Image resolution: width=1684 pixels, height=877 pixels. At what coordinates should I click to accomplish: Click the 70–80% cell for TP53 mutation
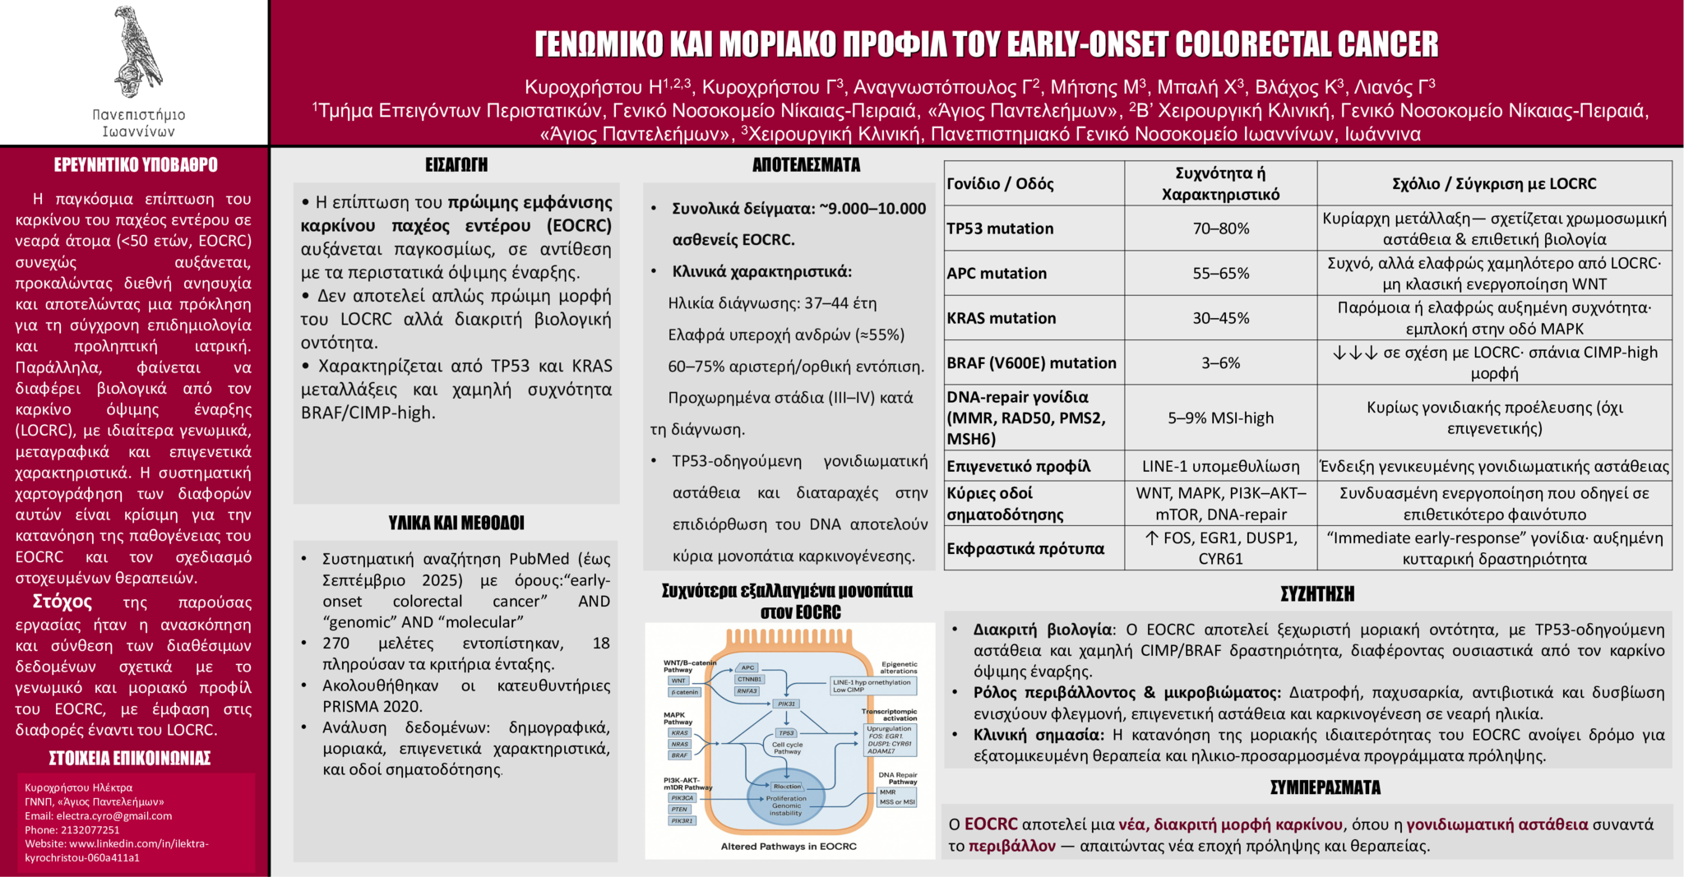click(x=1220, y=228)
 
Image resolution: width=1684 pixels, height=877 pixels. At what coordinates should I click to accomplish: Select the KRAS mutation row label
click(x=1001, y=318)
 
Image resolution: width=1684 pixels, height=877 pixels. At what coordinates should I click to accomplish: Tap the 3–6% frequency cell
click(x=1220, y=362)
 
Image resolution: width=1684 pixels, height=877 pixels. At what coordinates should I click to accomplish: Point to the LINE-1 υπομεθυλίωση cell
click(x=1220, y=466)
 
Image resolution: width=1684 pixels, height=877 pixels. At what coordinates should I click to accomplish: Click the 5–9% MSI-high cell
click(x=1220, y=418)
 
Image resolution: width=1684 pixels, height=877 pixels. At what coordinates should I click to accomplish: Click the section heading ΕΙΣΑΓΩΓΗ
click(x=456, y=165)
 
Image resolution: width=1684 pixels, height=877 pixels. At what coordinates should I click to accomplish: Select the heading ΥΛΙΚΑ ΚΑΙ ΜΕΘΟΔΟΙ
click(x=456, y=523)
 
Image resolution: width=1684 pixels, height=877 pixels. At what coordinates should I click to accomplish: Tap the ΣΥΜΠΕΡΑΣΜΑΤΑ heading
click(x=1325, y=787)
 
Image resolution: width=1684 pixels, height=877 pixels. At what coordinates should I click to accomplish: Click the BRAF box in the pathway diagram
click(x=679, y=755)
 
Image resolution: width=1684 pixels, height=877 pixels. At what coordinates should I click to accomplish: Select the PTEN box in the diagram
click(x=679, y=810)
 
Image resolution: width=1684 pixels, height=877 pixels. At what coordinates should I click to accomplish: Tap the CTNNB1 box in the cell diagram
click(x=749, y=679)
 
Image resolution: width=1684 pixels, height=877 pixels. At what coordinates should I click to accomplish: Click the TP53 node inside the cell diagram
click(x=786, y=732)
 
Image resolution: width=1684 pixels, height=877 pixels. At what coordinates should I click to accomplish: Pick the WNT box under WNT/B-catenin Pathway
click(x=678, y=681)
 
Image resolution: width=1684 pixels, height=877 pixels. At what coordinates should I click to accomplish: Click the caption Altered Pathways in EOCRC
click(x=788, y=847)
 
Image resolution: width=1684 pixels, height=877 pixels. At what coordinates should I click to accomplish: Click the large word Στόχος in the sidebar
click(x=62, y=602)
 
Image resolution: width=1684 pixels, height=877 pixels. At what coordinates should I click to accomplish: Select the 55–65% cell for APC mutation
click(x=1220, y=273)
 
